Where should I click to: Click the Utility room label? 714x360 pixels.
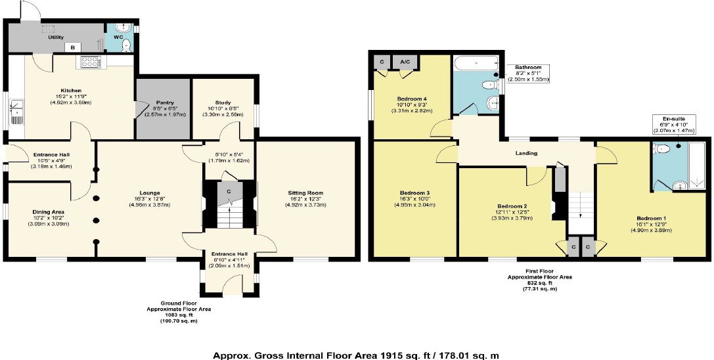coord(55,37)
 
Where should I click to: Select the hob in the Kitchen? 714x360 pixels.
coord(89,62)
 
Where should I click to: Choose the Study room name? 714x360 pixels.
coord(223,102)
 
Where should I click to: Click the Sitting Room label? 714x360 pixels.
coord(305,192)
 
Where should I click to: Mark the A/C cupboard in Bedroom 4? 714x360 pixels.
coord(405,62)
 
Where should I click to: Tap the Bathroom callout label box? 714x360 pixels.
coord(527,73)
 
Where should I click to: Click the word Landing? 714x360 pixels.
coord(527,153)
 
